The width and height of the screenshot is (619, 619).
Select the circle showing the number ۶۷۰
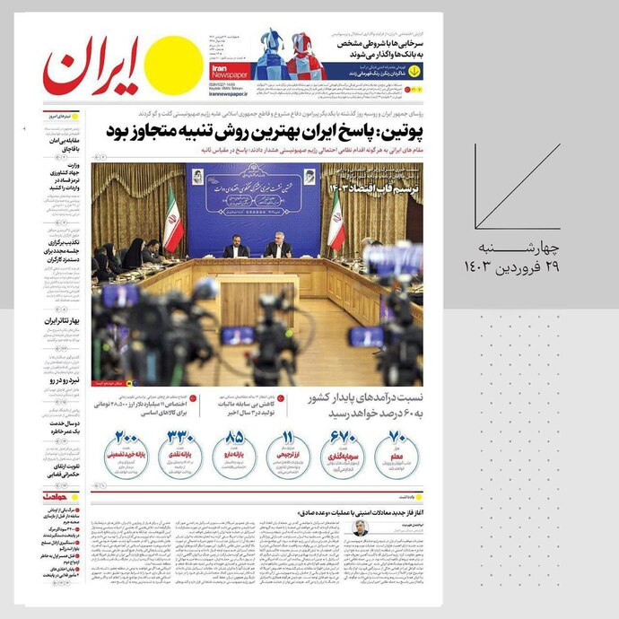pos(344,450)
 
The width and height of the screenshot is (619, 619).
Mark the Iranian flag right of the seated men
pos(336,224)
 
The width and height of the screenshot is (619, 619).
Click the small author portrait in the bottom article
pos(359,528)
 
